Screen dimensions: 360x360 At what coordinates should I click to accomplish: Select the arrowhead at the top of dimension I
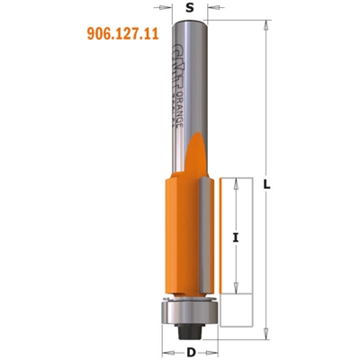pyautogui.click(x=236, y=180)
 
